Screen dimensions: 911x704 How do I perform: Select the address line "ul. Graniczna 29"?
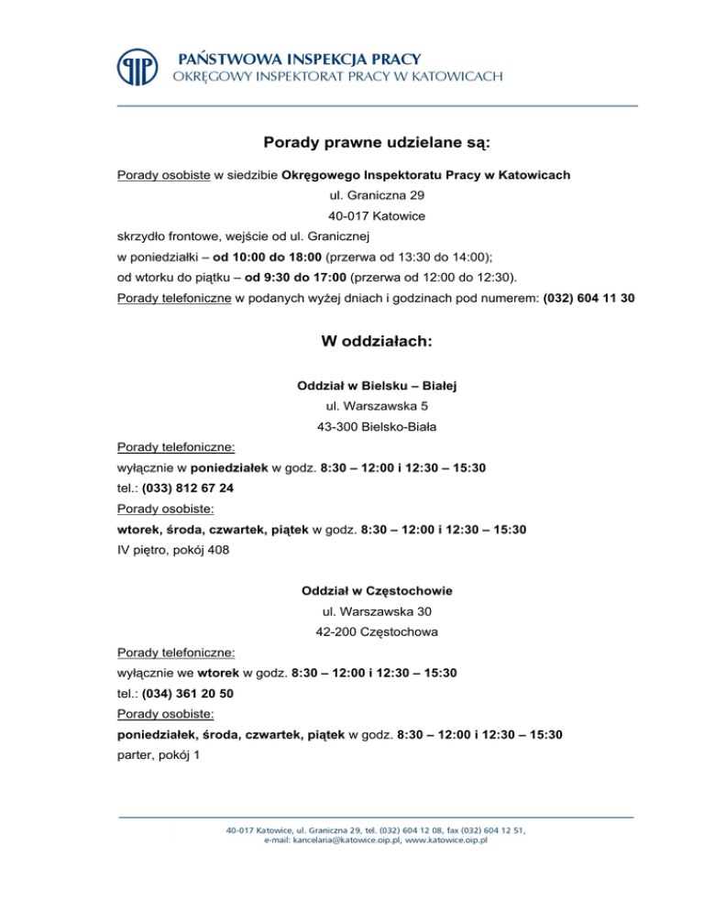click(376, 195)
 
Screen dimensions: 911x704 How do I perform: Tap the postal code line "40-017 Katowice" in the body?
click(376, 217)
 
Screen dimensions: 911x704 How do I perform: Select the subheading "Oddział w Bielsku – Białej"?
click(376, 387)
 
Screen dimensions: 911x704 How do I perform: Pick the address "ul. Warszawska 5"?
click(376, 405)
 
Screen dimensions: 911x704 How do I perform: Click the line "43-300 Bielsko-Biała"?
click(376, 427)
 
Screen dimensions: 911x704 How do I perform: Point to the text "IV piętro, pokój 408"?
click(174, 550)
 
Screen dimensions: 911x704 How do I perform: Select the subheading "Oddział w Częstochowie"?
click(376, 591)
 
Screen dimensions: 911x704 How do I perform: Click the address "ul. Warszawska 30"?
click(376, 611)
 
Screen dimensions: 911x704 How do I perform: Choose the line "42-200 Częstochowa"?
click(376, 632)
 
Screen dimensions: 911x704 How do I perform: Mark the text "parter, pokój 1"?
click(161, 754)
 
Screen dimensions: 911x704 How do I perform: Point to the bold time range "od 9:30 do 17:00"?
click(295, 277)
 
